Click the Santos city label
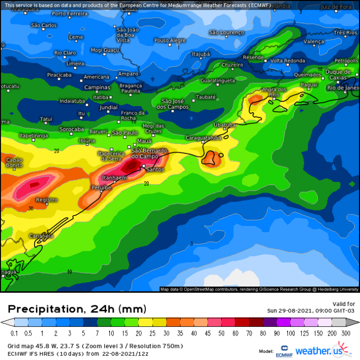click(155, 169)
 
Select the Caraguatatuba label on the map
click(204, 138)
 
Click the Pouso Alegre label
click(170, 41)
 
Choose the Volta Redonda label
click(288, 61)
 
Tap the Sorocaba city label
click(71, 129)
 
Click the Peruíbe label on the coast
click(101, 187)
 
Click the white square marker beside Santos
click(144, 166)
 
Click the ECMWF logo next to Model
click(283, 351)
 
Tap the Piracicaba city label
click(59, 75)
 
